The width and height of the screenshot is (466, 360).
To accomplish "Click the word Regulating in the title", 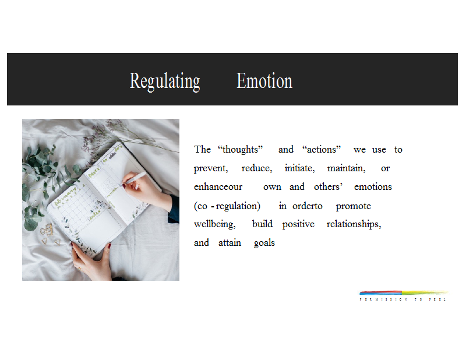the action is [x=165, y=82].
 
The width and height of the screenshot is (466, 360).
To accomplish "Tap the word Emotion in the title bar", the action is [x=264, y=81].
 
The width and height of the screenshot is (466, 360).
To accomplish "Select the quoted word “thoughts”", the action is [x=240, y=149].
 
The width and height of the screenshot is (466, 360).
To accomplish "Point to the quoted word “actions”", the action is [x=322, y=149].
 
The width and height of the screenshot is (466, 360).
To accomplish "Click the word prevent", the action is [x=211, y=168].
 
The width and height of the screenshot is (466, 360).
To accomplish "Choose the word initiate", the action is [x=299, y=168].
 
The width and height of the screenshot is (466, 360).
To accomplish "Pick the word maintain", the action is [x=346, y=168].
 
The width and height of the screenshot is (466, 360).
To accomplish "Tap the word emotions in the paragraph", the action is [x=373, y=186].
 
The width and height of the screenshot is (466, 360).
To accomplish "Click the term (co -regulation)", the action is [x=227, y=206].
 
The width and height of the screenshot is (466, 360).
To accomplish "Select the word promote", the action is [x=354, y=206].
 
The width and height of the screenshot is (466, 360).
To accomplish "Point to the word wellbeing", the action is [x=214, y=224].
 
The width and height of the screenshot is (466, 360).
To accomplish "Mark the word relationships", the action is [x=354, y=224].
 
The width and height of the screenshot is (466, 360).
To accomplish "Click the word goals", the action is [x=264, y=243].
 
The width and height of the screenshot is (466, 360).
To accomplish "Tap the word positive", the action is [x=298, y=224].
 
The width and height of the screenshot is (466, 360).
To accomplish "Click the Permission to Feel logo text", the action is [x=403, y=299].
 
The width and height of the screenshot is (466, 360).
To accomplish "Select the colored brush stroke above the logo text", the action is [x=404, y=292].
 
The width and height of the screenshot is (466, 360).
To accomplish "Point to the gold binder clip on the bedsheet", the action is [x=47, y=230].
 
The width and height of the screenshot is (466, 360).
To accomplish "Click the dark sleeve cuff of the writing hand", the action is [x=174, y=209].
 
